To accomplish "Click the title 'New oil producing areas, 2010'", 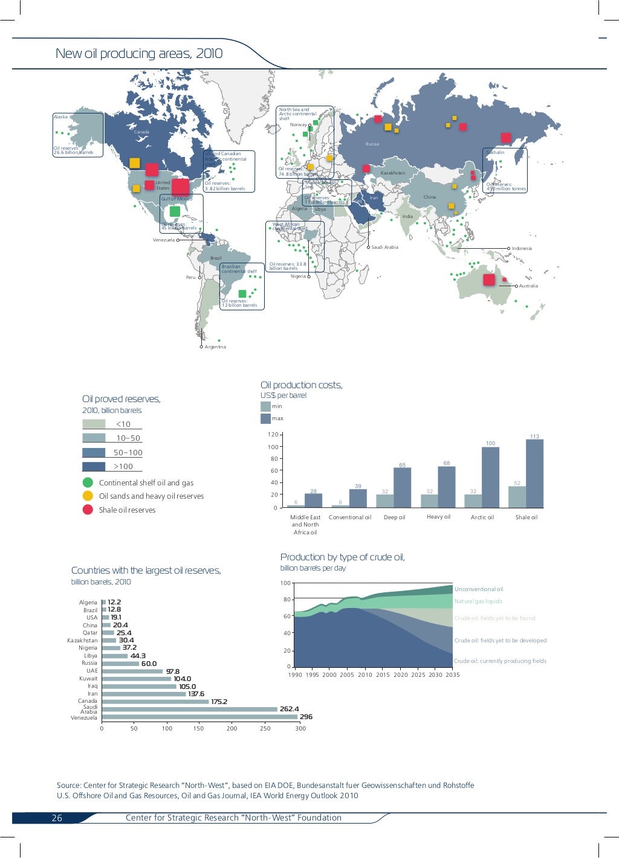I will click(139, 54).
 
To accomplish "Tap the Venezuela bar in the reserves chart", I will click(199, 717).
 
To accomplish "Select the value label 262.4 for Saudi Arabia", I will click(289, 709).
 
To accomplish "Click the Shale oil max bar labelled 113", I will click(534, 473).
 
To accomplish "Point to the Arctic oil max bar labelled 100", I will click(490, 477).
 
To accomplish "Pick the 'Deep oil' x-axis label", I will click(394, 517).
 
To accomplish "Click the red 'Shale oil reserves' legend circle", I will click(88, 510).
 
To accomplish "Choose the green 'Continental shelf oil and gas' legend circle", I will click(88, 482).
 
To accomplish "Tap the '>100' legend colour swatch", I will click(94, 466).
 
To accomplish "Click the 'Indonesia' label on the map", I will click(522, 248).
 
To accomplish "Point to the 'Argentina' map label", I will click(215, 347).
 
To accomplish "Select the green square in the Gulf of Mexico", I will click(175, 211).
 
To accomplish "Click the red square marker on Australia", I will click(488, 280).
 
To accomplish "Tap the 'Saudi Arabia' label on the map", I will click(384, 248).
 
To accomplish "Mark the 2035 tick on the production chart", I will click(453, 675).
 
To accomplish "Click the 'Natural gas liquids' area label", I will click(478, 601).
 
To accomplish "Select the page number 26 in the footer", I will click(57, 818).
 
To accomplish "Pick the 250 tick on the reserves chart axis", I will click(265, 729).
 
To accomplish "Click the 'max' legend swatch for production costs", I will click(265, 418).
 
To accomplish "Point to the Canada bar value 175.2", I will click(219, 702).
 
